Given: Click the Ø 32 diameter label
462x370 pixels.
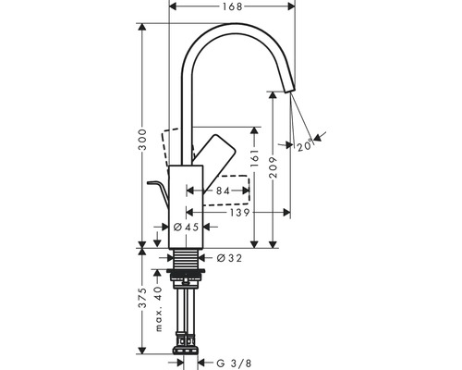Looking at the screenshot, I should pos(229,257).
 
